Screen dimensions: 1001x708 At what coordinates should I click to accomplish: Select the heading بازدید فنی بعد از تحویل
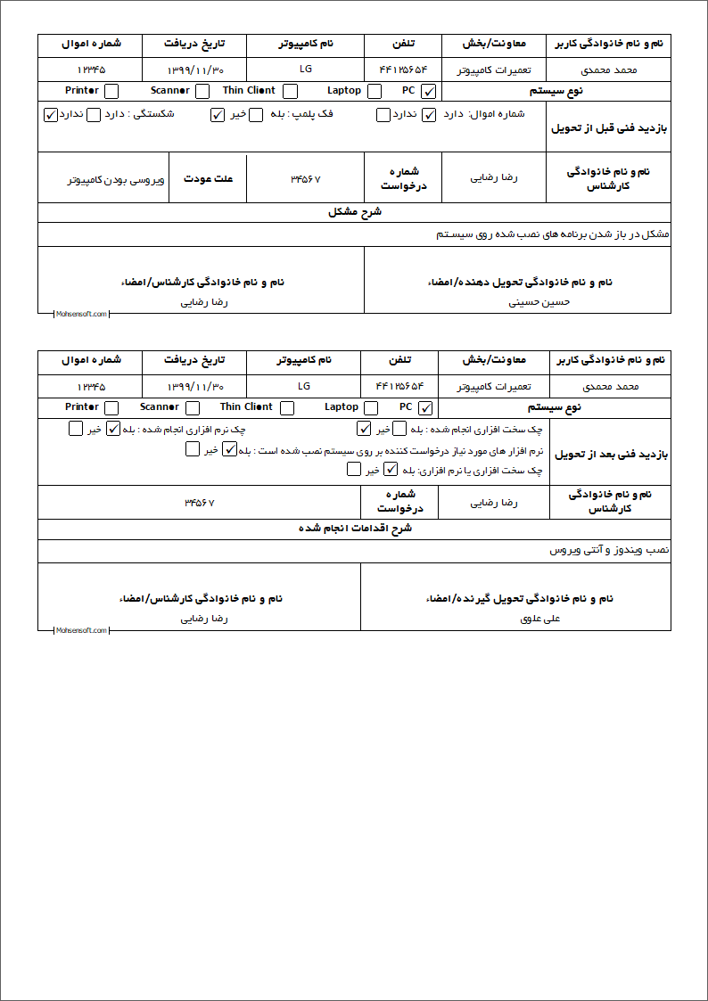point(610,454)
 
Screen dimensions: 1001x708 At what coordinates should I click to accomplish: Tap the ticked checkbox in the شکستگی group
point(50,114)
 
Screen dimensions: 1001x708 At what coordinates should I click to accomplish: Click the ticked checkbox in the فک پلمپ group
point(218,114)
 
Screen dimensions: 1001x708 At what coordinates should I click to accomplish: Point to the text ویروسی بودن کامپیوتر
point(116,179)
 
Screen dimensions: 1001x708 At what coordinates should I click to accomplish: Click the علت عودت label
point(209,178)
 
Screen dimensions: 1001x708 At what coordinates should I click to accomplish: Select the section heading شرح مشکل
point(355,212)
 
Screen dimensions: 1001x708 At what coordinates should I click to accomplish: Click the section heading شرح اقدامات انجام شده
point(355,529)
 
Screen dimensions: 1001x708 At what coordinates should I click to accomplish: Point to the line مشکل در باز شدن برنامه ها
point(553,234)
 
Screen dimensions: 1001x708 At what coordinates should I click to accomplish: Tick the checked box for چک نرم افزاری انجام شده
point(113,428)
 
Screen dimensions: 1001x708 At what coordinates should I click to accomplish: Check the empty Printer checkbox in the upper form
point(111,91)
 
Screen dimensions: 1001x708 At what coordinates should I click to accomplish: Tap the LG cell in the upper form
point(305,69)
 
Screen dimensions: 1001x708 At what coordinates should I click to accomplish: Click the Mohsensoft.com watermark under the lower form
point(81,630)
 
